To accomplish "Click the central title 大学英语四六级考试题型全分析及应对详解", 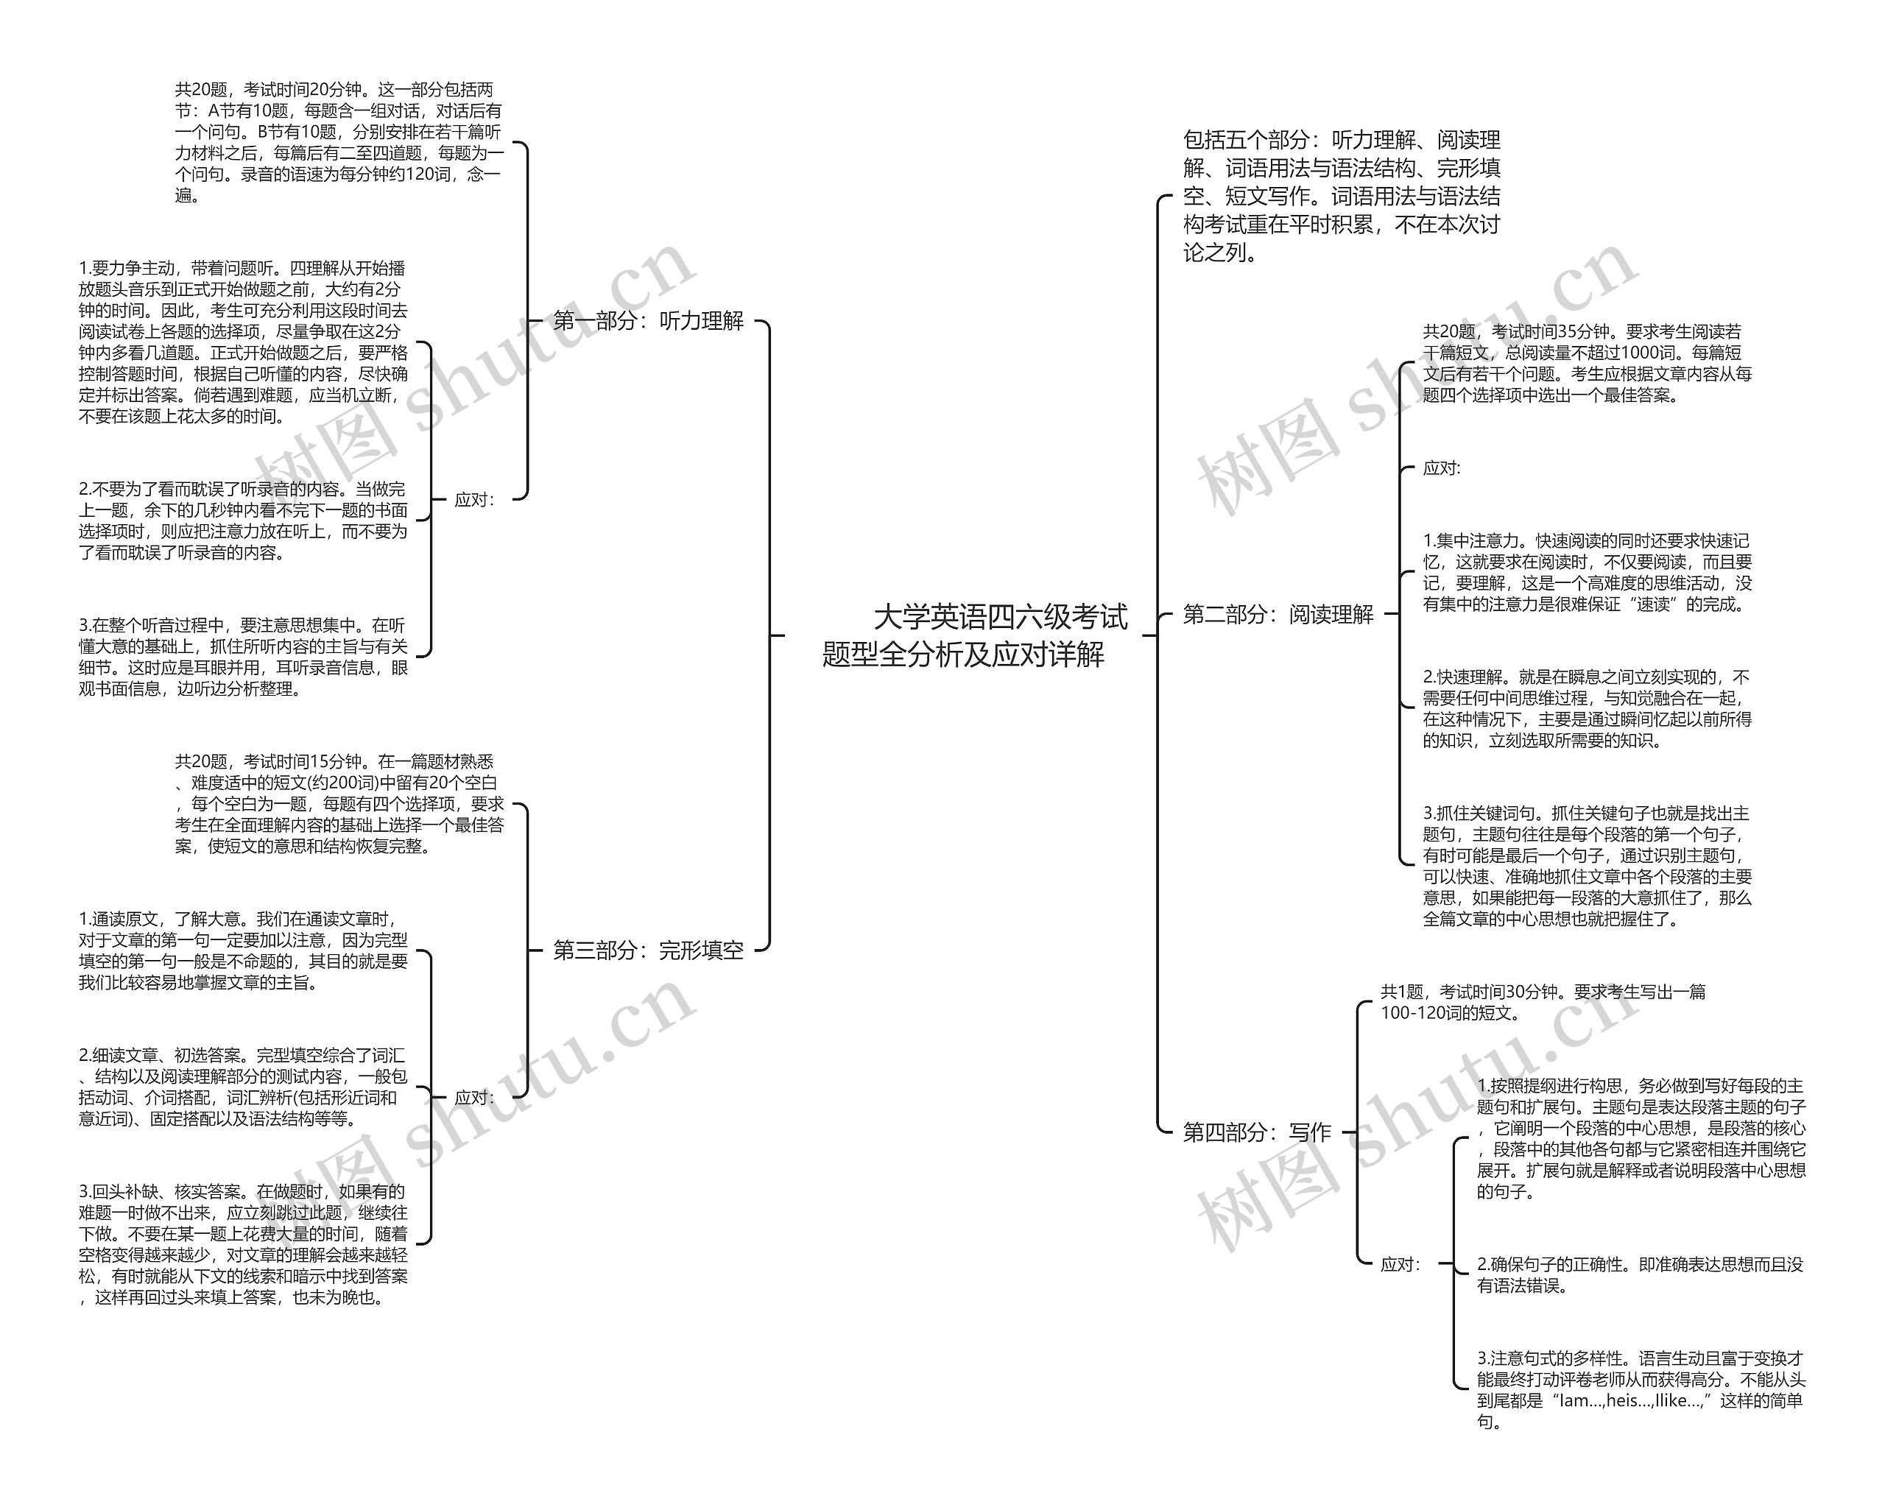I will click(x=974, y=635).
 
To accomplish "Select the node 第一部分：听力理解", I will click(x=648, y=321).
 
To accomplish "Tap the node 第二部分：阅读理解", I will click(x=1278, y=615).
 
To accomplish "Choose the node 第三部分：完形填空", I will click(x=648, y=950).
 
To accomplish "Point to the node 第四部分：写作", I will click(x=1256, y=1132).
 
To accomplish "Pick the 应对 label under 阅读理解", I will click(x=1441, y=469).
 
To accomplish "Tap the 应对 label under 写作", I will click(x=1400, y=1263).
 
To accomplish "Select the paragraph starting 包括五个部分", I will click(x=1341, y=196).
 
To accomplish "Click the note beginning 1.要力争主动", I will click(x=243, y=342).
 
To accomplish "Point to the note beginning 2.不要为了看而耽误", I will click(x=243, y=521).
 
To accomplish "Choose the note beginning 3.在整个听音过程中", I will click(x=243, y=657).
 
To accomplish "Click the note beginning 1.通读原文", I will click(x=243, y=950).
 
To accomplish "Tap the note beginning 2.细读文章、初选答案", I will click(x=243, y=1087).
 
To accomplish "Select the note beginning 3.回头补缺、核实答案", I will click(x=243, y=1243).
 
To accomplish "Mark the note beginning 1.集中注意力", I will click(x=1587, y=573).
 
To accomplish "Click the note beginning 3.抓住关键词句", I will click(x=1587, y=866).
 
